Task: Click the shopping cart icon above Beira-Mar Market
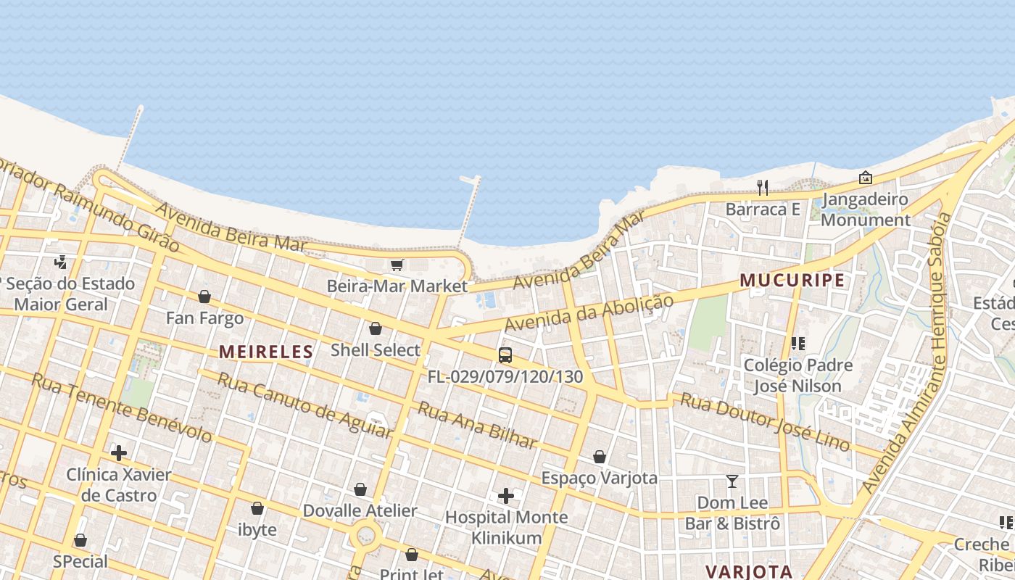tap(397, 265)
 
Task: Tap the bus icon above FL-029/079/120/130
tap(505, 355)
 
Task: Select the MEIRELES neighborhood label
tap(266, 352)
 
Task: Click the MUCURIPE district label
tap(792, 281)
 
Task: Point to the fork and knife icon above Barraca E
tap(762, 188)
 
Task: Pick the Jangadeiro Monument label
tap(865, 210)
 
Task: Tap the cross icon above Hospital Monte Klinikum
tap(506, 496)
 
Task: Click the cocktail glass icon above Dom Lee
tap(732, 481)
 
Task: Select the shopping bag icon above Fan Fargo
tap(204, 297)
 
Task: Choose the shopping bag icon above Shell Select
tap(376, 328)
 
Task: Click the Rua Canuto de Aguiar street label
tap(304, 405)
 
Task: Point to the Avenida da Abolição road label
tap(589, 312)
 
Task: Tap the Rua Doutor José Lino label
tap(765, 422)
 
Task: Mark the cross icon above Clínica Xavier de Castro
tap(119, 453)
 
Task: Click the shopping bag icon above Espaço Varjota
tap(600, 457)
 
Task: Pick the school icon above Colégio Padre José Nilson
tap(798, 343)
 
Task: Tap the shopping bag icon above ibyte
tap(257, 508)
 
